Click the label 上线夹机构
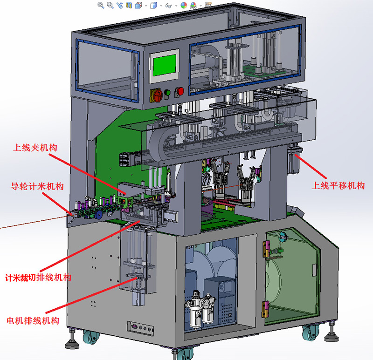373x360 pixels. (x=35, y=148)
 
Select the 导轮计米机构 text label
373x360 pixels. (x=37, y=186)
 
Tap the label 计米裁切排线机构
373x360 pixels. (x=38, y=278)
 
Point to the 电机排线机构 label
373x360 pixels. (x=33, y=321)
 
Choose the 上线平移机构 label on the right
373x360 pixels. (x=338, y=185)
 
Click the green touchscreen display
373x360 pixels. (x=165, y=65)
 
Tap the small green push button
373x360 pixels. (x=167, y=93)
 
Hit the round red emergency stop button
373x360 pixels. (x=180, y=91)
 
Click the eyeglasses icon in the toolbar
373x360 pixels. (x=169, y=6)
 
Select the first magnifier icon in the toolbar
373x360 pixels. (x=101, y=5)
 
